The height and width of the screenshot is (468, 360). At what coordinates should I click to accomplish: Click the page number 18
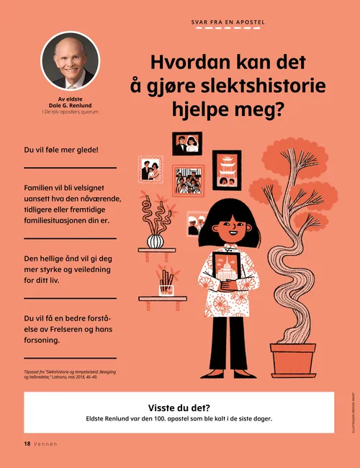tap(27, 444)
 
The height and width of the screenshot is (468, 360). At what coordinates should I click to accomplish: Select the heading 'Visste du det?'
tap(179, 408)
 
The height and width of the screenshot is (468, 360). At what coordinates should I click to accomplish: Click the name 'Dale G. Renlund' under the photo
tap(70, 105)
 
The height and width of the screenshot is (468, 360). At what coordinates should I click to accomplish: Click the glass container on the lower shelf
tap(167, 289)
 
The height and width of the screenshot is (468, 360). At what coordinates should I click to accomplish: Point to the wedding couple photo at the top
tap(187, 143)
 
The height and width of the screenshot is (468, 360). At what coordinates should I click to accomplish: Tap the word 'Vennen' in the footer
tap(45, 444)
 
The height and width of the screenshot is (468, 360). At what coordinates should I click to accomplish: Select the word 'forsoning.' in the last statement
tap(47, 341)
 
